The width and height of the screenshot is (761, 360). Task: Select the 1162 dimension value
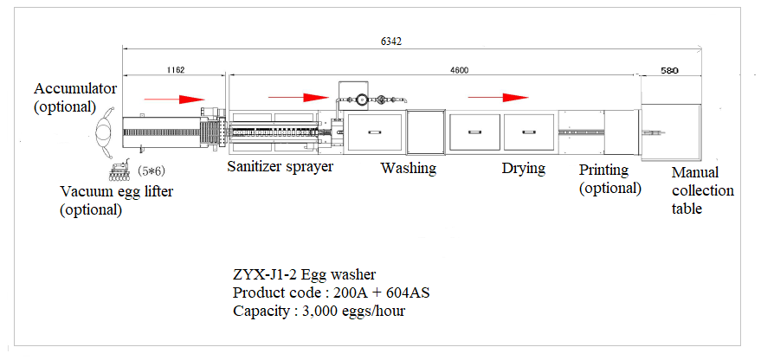173,69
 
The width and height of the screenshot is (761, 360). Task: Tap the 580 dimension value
669,69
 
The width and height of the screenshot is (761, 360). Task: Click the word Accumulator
75,89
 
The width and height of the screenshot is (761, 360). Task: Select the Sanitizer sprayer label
281,166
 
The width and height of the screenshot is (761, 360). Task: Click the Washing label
408,168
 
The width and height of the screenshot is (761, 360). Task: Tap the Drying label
523,168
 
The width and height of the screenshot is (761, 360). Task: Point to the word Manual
695,173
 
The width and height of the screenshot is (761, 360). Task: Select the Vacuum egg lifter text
116,191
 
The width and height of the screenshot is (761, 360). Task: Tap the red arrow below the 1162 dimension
173,98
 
